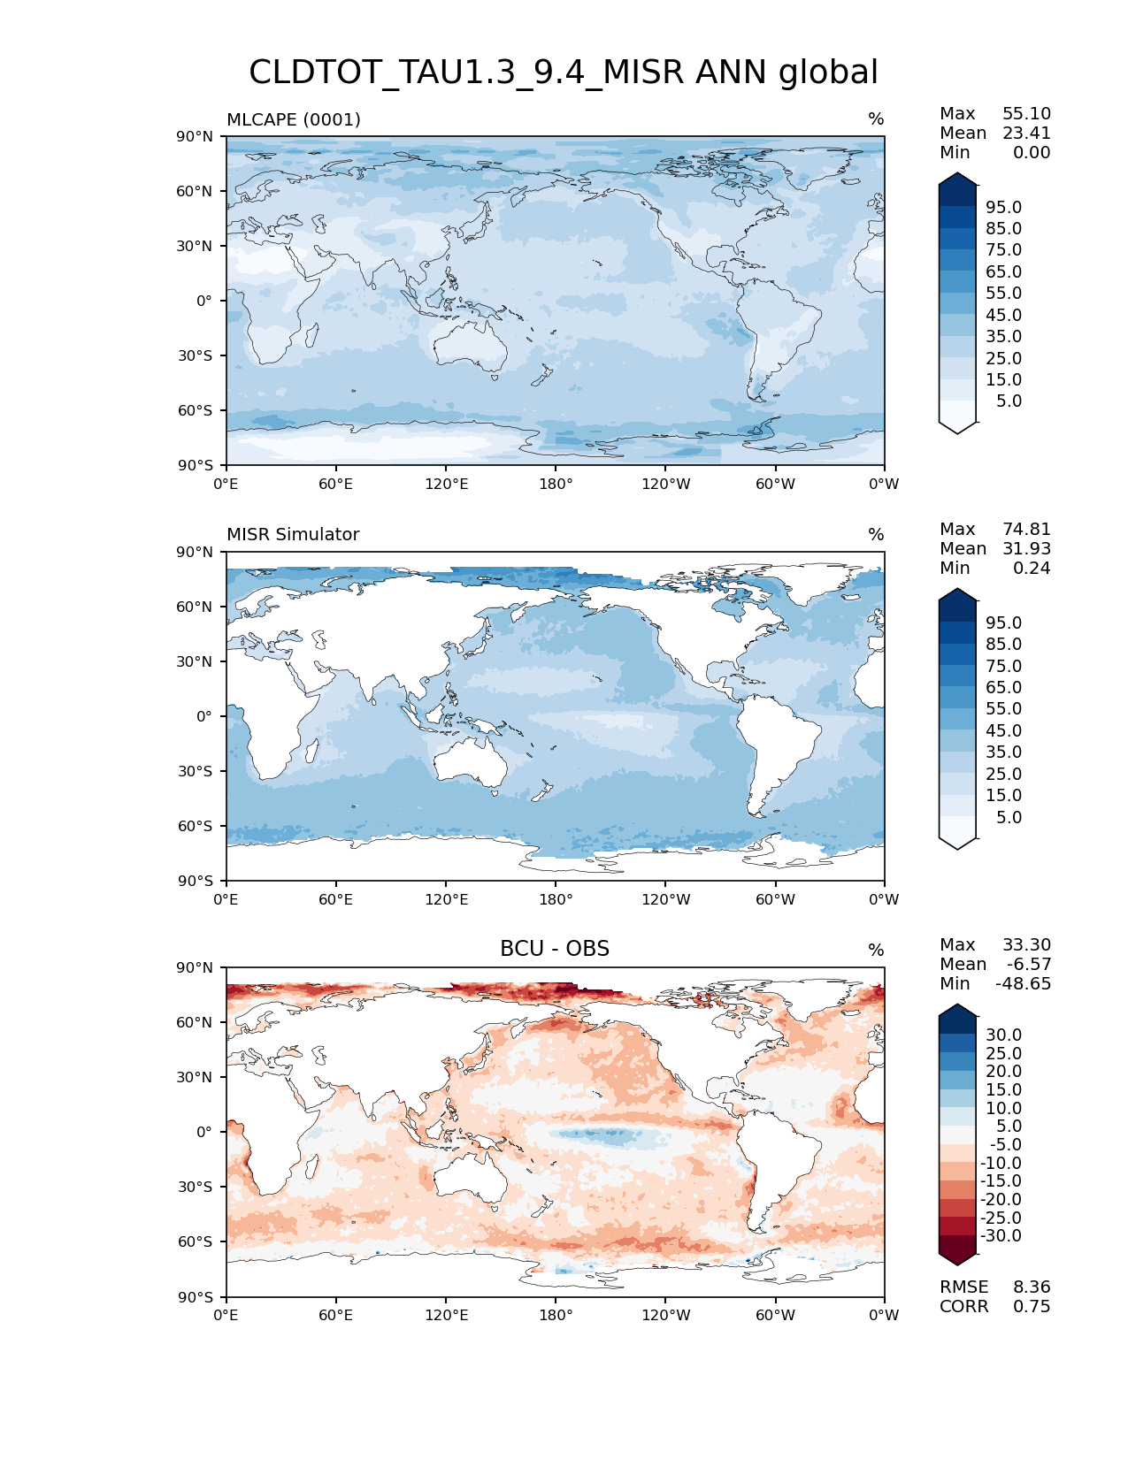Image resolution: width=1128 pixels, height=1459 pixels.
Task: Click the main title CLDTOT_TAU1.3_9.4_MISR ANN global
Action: [564, 73]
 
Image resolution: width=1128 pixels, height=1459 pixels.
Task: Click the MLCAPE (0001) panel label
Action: [294, 119]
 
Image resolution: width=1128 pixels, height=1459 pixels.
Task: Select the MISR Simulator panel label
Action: [293, 535]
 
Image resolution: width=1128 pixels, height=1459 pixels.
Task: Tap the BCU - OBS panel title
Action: [555, 949]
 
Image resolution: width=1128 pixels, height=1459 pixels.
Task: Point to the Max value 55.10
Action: [1026, 114]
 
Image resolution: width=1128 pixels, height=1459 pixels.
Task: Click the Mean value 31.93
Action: [1026, 549]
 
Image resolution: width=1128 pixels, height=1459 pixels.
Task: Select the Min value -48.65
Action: [1023, 984]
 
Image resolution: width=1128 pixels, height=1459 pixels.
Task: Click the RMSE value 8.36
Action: [1032, 1287]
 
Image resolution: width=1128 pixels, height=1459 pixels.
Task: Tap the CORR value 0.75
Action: [1032, 1307]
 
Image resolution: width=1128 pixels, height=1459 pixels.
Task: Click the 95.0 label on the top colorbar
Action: [1003, 208]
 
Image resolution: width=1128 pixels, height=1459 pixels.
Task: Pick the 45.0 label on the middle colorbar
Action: [1003, 731]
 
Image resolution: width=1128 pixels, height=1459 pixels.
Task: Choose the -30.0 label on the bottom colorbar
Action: [1001, 1236]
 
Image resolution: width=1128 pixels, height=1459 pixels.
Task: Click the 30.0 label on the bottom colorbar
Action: [1003, 1035]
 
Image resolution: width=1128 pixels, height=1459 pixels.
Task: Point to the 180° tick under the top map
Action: [556, 484]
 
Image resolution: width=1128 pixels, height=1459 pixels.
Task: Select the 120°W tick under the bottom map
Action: [666, 1316]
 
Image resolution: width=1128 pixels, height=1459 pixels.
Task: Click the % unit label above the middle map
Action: [876, 535]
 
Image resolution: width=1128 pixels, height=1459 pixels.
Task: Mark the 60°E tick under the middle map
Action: [336, 900]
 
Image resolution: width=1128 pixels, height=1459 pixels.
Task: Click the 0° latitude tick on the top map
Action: [204, 301]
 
